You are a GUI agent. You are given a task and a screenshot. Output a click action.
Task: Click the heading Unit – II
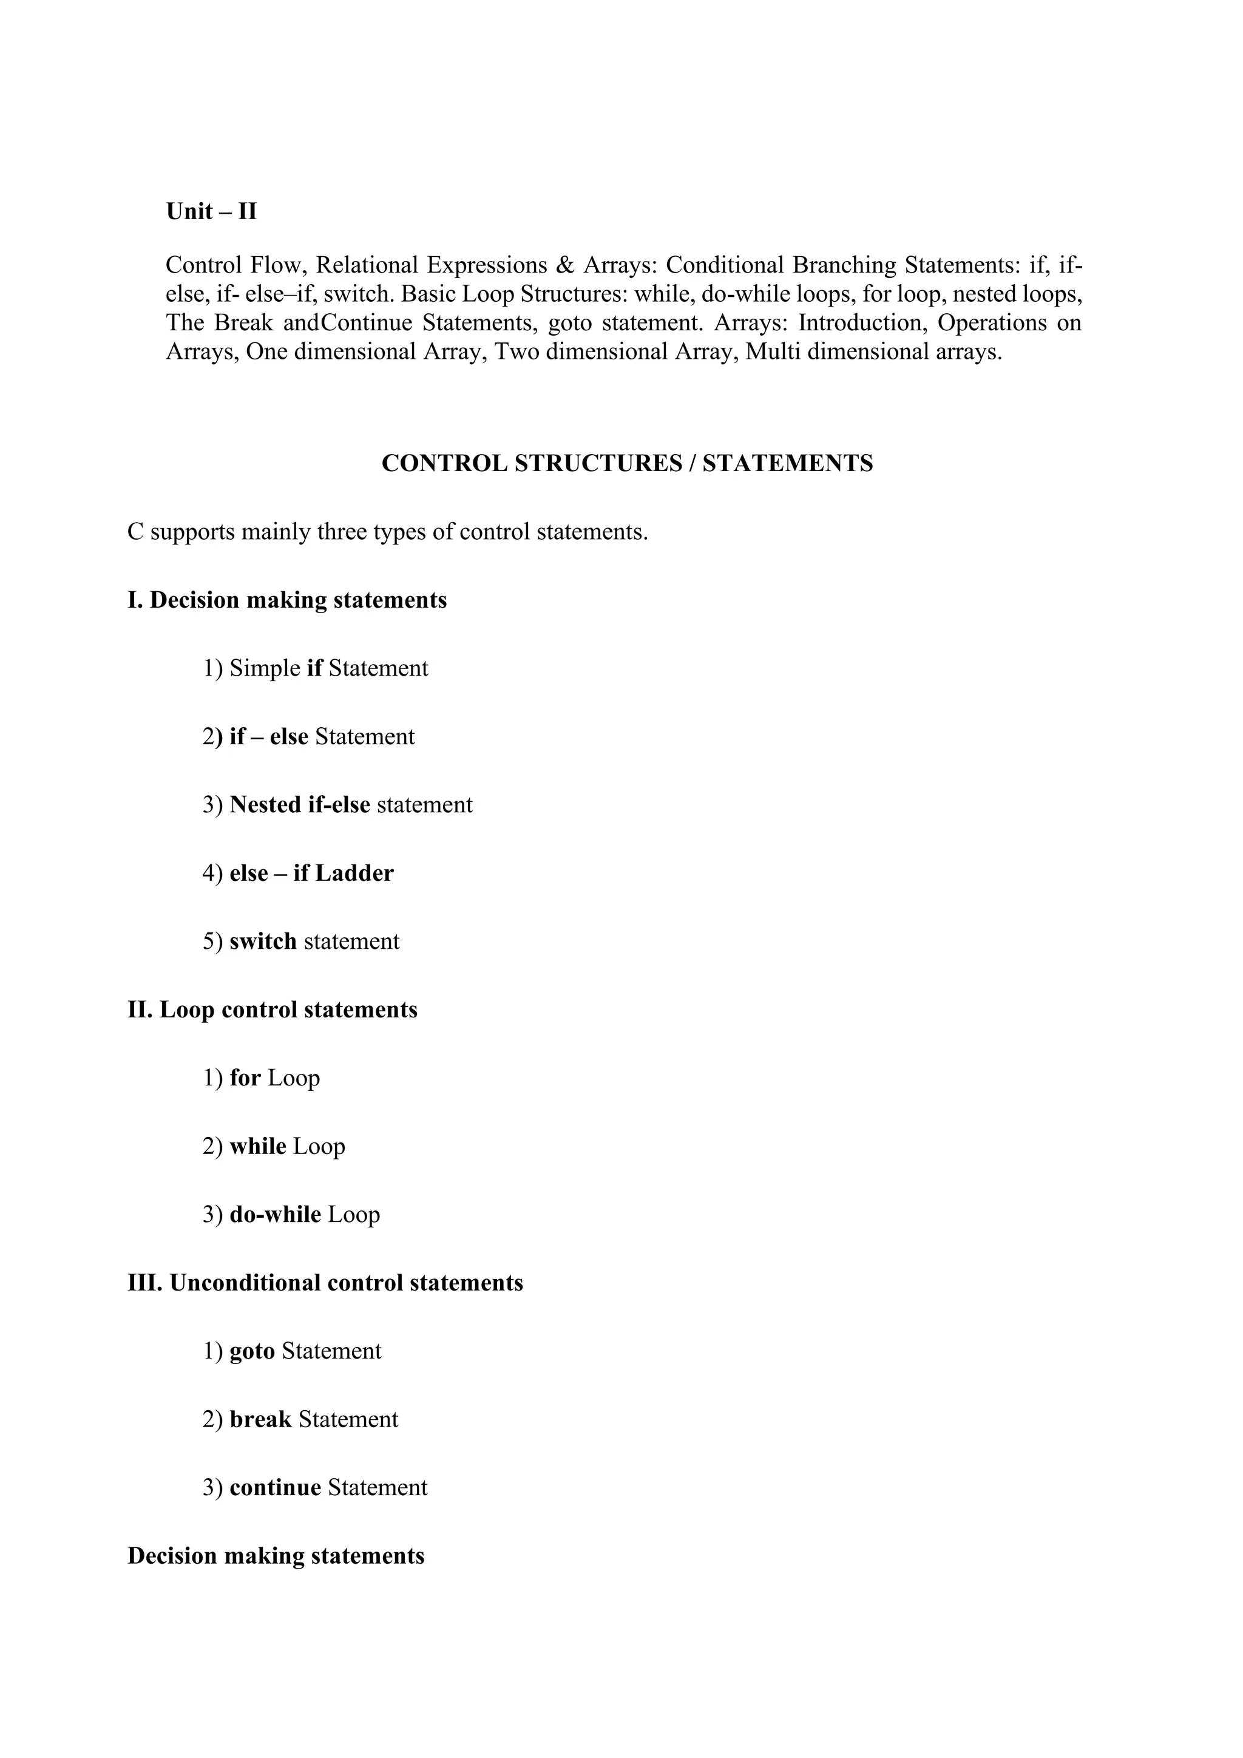211,211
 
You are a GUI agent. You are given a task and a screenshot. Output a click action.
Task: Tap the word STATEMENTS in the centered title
788,463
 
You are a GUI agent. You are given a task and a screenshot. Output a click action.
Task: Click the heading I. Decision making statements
287,600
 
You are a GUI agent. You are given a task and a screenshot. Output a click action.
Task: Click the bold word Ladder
354,873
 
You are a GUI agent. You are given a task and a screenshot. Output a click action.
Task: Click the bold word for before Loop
245,1078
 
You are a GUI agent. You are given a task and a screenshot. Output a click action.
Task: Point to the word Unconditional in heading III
245,1283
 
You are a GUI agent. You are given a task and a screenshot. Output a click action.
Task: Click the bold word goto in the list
252,1351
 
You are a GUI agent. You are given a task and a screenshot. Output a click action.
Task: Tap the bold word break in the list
260,1419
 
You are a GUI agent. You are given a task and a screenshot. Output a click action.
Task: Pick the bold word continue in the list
275,1488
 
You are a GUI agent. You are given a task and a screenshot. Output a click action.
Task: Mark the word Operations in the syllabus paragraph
992,323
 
